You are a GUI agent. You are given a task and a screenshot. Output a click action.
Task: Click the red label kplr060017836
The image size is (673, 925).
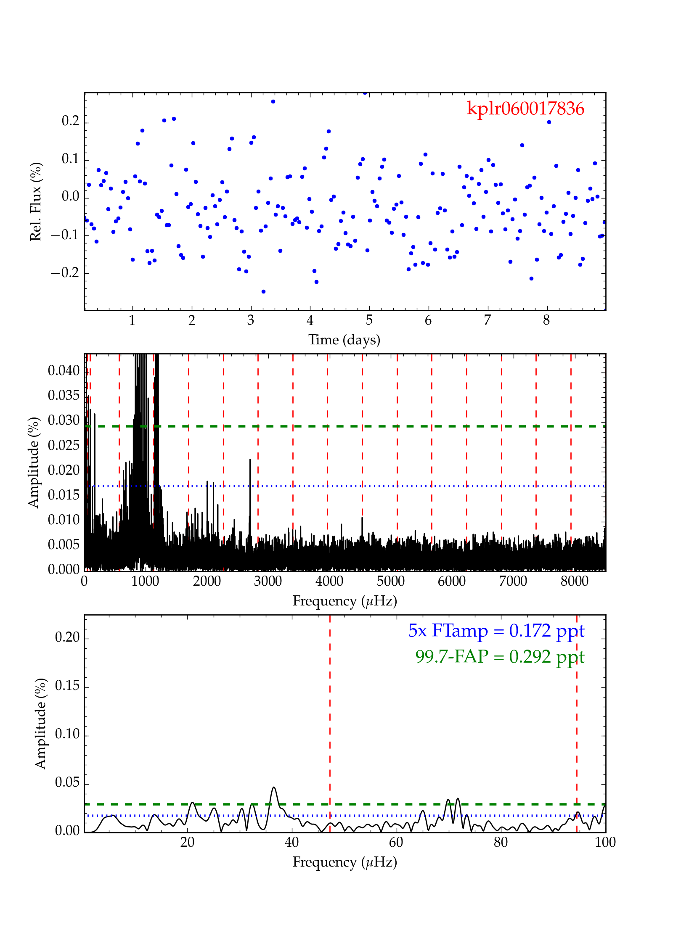click(x=525, y=108)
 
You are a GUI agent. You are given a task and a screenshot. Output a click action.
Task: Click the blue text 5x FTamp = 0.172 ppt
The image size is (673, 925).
click(x=496, y=631)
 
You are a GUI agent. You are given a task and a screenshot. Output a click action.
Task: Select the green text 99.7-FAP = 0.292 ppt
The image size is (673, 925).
click(x=500, y=656)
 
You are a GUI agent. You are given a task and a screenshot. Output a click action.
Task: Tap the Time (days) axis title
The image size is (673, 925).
click(x=344, y=340)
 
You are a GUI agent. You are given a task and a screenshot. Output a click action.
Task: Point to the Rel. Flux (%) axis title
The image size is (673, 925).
click(x=36, y=201)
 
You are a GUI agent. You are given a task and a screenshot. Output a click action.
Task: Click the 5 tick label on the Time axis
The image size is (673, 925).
click(x=369, y=321)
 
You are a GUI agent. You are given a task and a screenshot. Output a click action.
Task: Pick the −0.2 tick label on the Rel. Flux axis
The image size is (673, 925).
click(x=65, y=273)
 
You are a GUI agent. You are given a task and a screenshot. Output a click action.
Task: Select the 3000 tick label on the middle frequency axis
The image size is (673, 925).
click(x=268, y=581)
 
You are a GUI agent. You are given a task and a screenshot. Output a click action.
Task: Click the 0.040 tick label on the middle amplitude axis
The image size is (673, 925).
click(x=64, y=371)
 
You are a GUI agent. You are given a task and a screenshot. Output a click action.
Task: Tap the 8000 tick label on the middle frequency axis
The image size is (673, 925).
click(x=574, y=581)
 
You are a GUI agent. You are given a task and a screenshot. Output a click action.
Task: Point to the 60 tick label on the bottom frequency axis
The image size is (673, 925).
click(x=396, y=843)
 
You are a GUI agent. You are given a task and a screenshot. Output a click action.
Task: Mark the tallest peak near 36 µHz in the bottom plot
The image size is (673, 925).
click(x=274, y=788)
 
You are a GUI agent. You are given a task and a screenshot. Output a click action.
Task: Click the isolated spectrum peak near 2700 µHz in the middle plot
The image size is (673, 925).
click(x=250, y=460)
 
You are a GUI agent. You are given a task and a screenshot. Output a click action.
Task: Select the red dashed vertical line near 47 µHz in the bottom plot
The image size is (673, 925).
click(x=330, y=715)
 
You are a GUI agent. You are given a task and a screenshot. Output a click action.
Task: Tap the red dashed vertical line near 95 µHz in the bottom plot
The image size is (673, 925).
click(x=577, y=715)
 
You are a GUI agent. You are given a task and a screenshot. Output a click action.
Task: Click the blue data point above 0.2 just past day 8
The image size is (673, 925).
click(x=549, y=122)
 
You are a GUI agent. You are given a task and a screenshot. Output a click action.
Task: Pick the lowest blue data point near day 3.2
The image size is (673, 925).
click(x=263, y=291)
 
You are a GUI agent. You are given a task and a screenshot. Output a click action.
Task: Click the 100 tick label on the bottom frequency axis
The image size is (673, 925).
click(x=605, y=843)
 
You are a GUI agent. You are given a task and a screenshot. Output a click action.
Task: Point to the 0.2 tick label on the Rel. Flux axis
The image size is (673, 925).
click(x=70, y=122)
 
